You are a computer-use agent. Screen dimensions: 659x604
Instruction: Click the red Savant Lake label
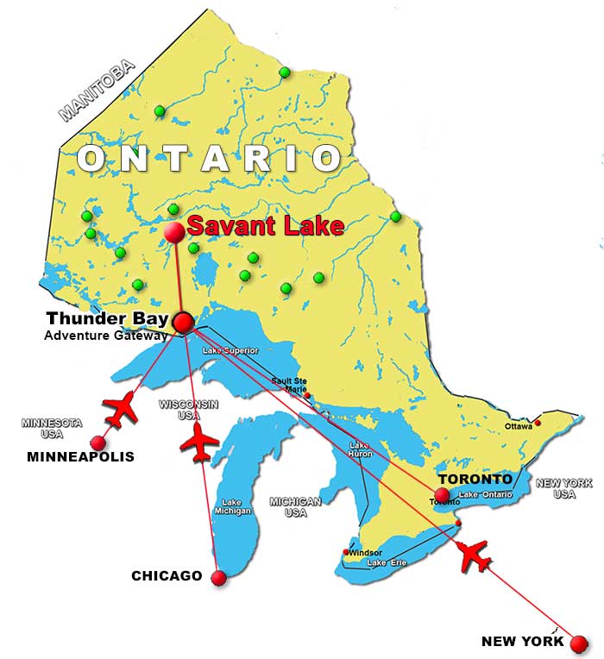[x=266, y=227]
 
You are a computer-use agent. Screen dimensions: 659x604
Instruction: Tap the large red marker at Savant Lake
[x=174, y=231]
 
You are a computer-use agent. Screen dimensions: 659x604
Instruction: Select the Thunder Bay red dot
[x=183, y=323]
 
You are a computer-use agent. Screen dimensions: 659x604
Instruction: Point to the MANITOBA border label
[x=98, y=91]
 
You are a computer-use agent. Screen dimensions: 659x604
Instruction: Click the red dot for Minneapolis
[x=98, y=442]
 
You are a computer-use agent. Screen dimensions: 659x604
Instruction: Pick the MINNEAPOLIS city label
[x=80, y=456]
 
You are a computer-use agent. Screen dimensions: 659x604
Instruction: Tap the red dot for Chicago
[x=217, y=578]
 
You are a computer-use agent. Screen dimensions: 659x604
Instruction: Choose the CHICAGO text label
[x=167, y=575]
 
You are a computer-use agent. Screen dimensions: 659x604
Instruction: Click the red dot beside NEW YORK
[x=579, y=643]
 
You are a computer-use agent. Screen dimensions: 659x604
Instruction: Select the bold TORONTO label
[x=475, y=479]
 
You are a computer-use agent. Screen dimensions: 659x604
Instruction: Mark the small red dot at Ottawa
[x=538, y=423]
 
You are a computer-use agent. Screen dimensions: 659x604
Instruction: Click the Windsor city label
[x=365, y=552]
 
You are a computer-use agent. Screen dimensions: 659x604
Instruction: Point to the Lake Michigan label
[x=232, y=506]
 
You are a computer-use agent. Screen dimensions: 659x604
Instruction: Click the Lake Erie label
[x=386, y=563]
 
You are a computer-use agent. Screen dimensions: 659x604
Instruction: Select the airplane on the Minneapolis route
[x=120, y=410]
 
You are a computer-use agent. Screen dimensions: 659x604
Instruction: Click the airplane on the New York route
[x=475, y=556]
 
